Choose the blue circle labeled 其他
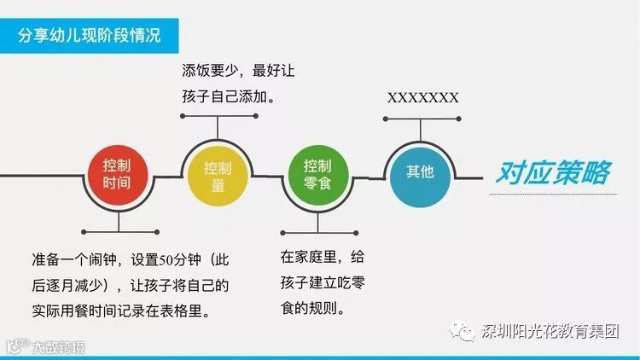(420, 172)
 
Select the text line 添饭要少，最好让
(238, 71)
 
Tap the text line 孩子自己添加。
(228, 97)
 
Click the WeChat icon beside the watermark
(466, 331)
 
